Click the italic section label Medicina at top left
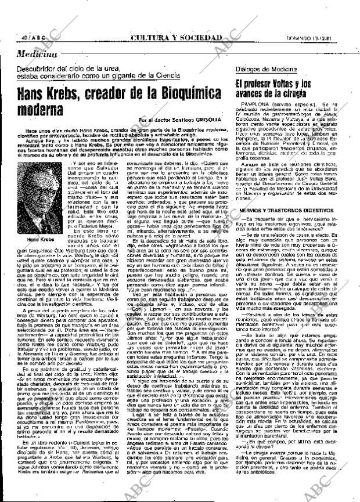point(37,53)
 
